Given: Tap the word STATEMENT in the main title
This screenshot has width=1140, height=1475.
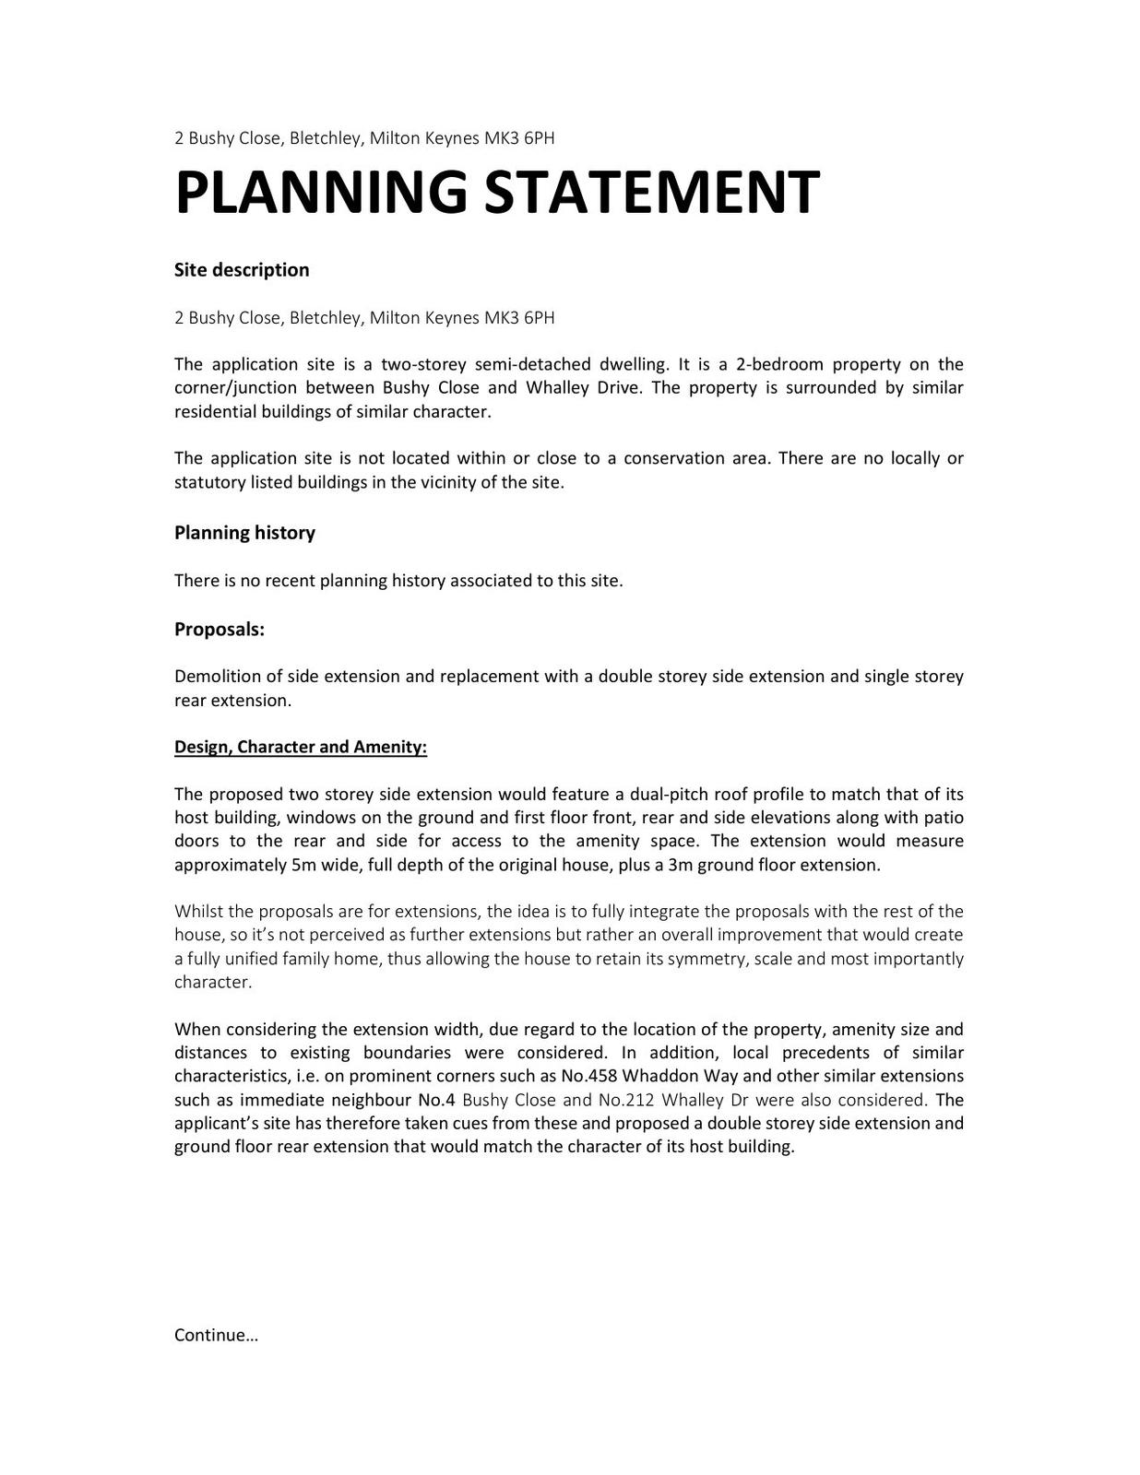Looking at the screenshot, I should (x=651, y=193).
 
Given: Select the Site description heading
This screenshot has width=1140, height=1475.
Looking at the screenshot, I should (x=242, y=270).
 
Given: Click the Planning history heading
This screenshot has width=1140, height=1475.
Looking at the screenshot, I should (x=244, y=533).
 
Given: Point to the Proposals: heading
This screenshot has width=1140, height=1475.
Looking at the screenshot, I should (x=220, y=630).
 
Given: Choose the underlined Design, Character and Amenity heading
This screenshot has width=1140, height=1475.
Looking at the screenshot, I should (x=301, y=747).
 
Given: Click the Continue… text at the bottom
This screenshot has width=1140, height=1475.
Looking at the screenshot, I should (x=216, y=1335).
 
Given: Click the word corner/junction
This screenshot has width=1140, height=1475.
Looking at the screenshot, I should (x=235, y=387).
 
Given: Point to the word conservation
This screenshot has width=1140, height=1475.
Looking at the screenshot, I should (x=677, y=458).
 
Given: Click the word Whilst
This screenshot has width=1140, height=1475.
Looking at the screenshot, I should (x=197, y=912).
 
